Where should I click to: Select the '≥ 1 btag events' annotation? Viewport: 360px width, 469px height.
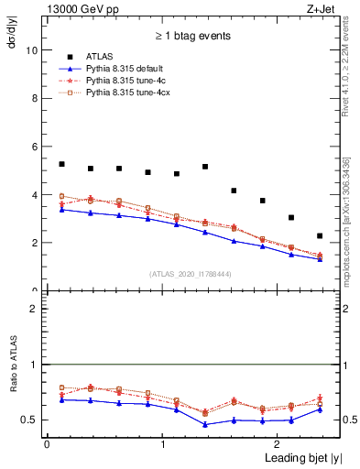(x=191, y=36)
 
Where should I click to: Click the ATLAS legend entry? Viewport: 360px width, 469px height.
(x=100, y=58)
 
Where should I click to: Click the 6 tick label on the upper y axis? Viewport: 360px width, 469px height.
(x=36, y=147)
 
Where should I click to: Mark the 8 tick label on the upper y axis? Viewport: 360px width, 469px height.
(x=36, y=99)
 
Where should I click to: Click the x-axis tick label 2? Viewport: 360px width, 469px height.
(x=280, y=445)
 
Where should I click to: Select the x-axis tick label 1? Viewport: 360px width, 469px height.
(x=163, y=445)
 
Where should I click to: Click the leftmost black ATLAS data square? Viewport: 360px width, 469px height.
(x=61, y=164)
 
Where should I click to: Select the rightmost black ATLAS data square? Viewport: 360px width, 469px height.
(x=320, y=235)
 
